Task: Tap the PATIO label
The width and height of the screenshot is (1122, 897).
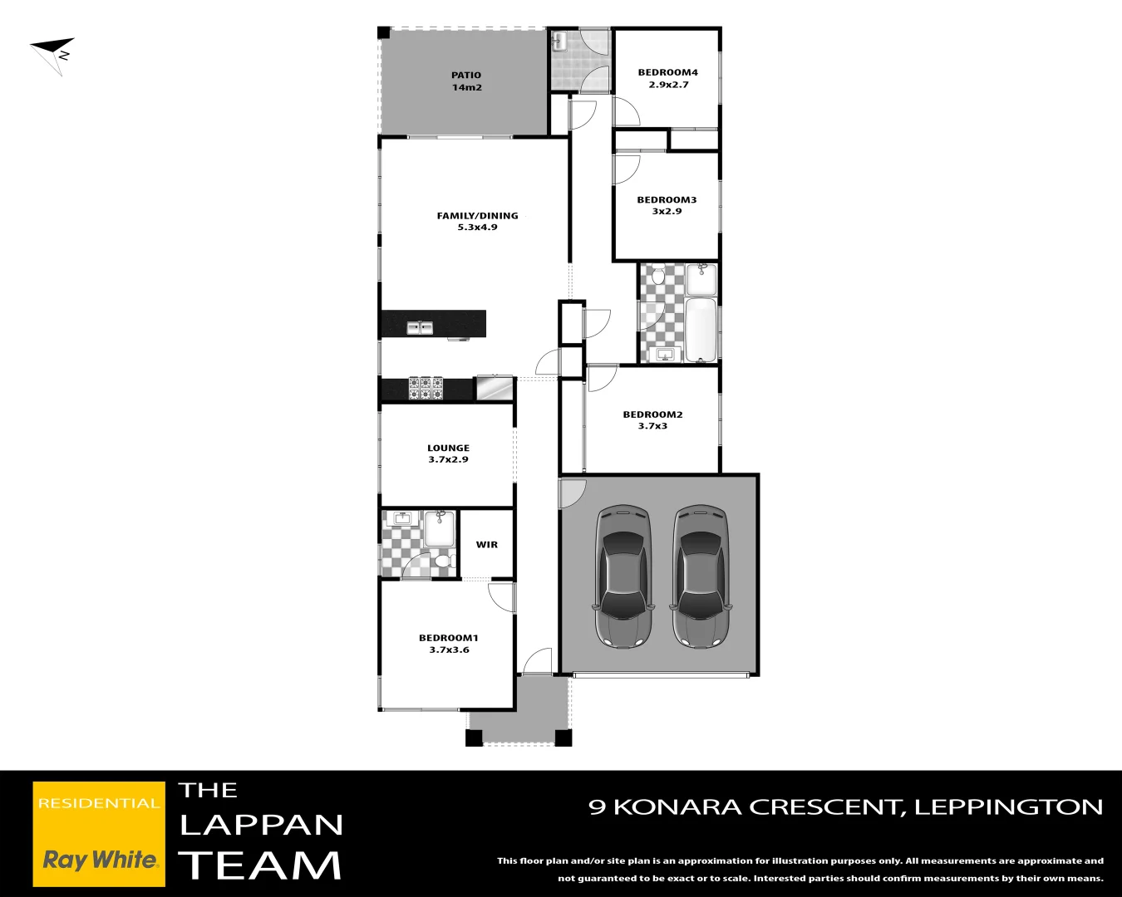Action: [x=466, y=75]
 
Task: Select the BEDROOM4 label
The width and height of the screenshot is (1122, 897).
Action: [x=667, y=72]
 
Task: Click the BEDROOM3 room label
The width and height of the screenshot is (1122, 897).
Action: [x=667, y=199]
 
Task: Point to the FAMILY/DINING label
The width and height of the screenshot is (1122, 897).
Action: [x=477, y=215]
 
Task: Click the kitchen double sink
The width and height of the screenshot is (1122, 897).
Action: [x=420, y=327]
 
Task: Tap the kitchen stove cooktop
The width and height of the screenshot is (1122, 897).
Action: [x=426, y=388]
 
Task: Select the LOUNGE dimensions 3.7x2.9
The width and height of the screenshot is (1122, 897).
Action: [x=448, y=459]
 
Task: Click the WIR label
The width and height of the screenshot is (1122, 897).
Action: [x=487, y=545]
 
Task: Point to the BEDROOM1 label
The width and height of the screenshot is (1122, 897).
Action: [x=448, y=638]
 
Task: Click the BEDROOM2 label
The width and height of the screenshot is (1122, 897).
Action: [x=652, y=414]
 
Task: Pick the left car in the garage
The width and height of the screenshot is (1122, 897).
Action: [x=623, y=576]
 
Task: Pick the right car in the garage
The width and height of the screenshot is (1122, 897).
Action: [x=701, y=576]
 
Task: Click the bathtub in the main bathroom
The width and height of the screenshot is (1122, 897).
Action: [x=701, y=330]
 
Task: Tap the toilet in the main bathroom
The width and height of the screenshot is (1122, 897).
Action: [x=658, y=275]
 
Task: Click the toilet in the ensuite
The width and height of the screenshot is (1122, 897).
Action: [x=442, y=563]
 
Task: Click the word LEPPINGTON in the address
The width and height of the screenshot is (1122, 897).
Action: [x=1008, y=807]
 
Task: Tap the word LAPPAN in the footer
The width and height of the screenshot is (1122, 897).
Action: [x=261, y=825]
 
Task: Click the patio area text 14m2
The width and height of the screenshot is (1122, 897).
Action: [x=466, y=87]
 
